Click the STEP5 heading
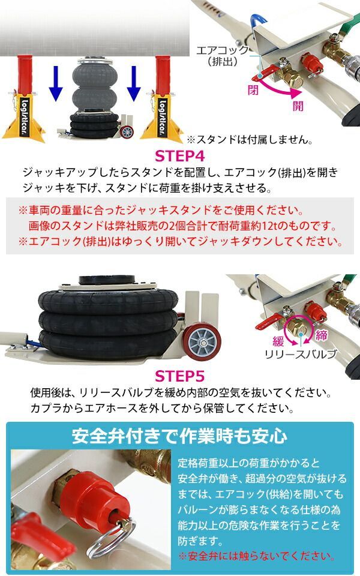pyautogui.click(x=181, y=377)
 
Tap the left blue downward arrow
pyautogui.click(x=56, y=83)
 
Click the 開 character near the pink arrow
pyautogui.click(x=298, y=106)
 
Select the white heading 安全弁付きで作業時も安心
pyautogui.click(x=179, y=435)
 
